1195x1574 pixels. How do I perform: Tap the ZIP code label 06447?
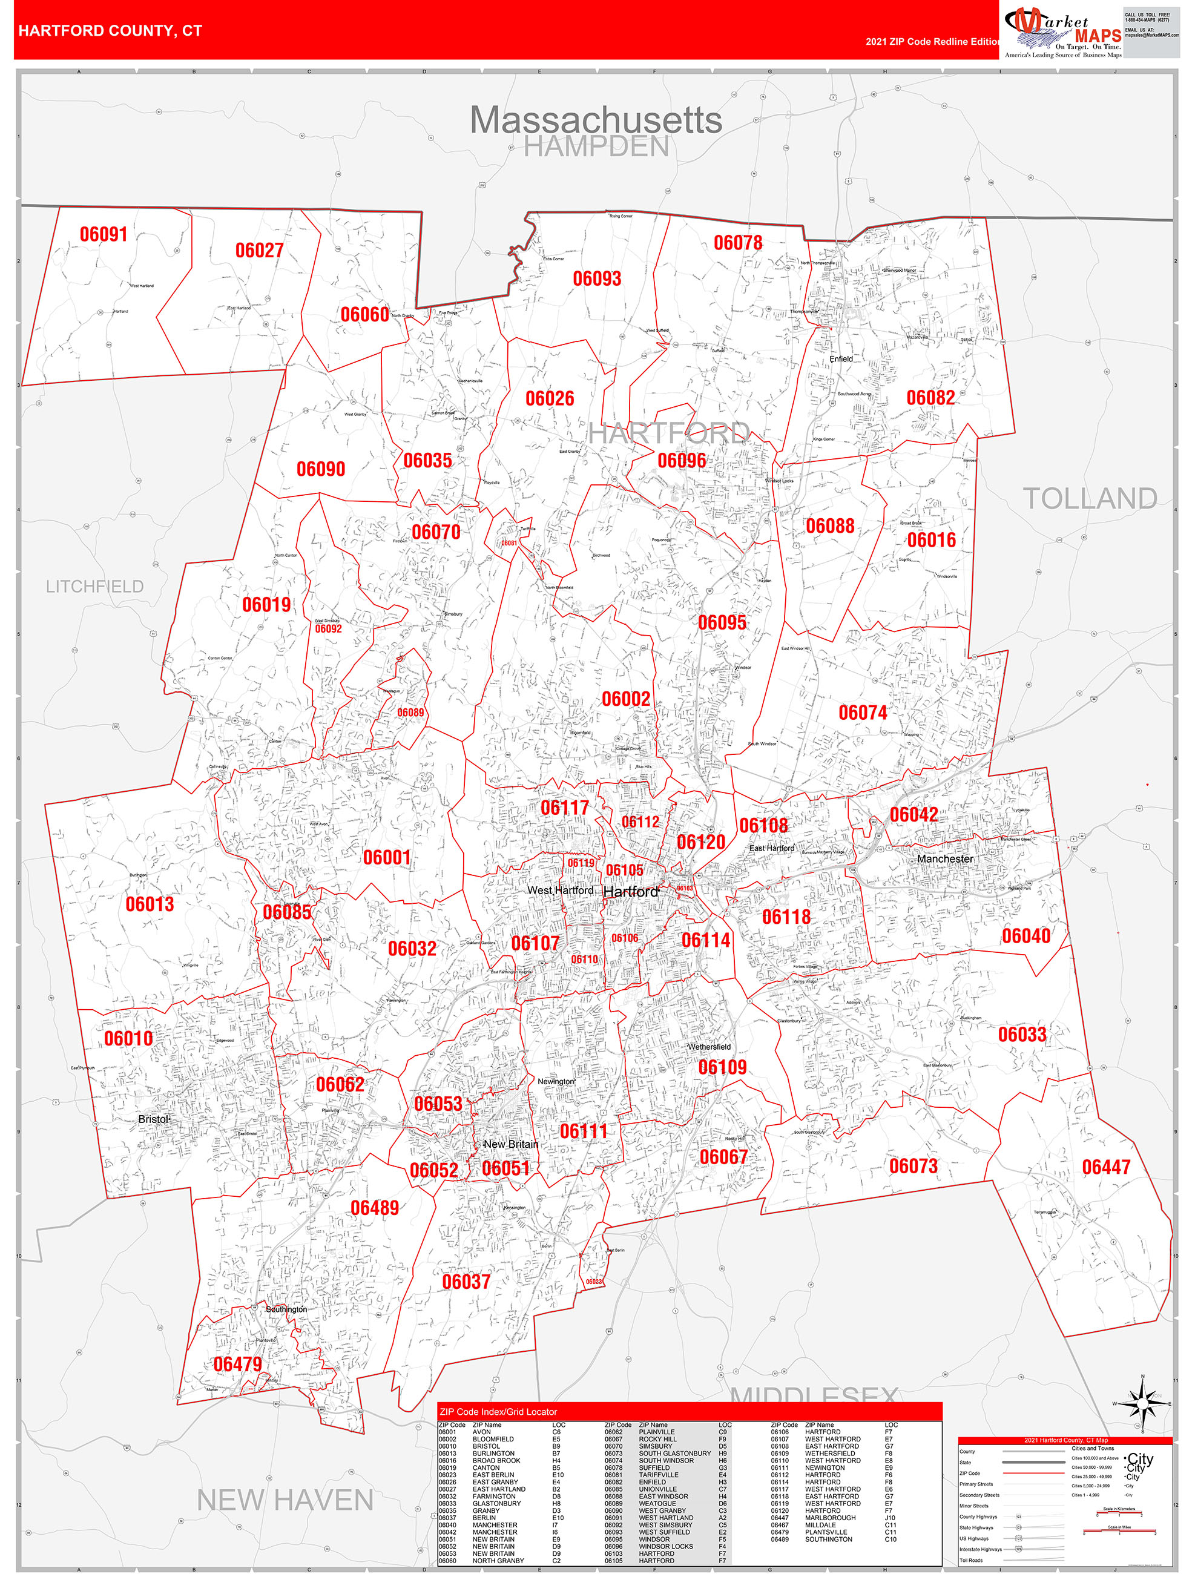coord(1105,1167)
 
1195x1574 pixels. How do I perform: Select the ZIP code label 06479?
coord(238,1364)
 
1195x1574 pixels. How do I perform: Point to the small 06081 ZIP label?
coord(509,543)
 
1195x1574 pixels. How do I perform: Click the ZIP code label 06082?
coord(930,398)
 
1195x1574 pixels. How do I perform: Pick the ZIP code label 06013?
coord(150,904)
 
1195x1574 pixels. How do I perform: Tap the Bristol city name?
coord(154,1119)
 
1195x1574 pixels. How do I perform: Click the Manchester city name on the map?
coord(944,859)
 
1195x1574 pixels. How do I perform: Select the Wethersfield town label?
coord(709,1047)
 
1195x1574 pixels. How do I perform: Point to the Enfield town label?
coord(841,358)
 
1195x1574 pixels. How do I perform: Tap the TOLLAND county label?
coord(1089,498)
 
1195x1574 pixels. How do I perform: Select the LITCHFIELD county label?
coord(94,587)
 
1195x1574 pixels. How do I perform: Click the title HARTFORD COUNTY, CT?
coord(110,31)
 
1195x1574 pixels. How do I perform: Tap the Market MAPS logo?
coord(1062,31)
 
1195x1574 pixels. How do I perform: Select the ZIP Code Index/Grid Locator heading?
coord(498,1412)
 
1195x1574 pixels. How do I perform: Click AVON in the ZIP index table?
coord(481,1432)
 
